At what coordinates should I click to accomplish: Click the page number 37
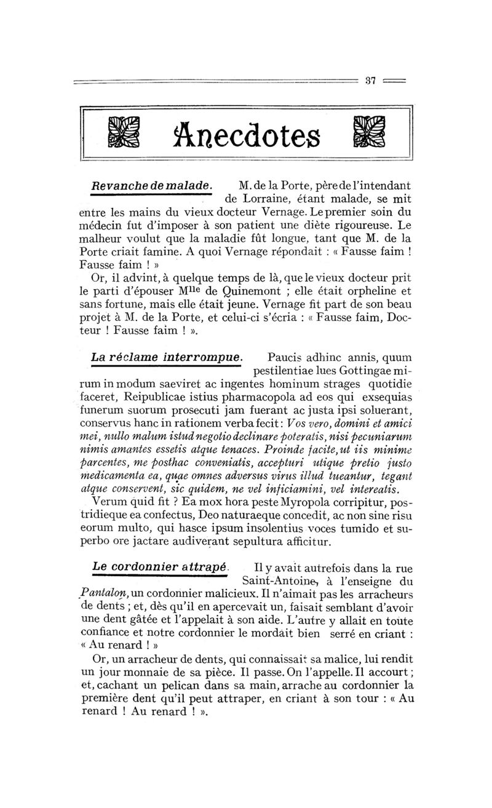click(x=370, y=81)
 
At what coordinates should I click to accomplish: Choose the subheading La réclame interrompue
click(x=167, y=357)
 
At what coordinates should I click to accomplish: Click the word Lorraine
click(x=266, y=199)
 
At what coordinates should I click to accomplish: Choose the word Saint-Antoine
click(x=276, y=580)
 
